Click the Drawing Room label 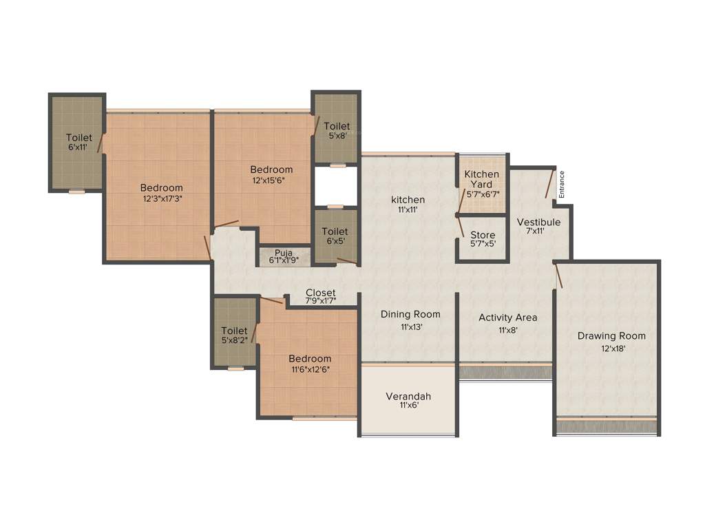611,335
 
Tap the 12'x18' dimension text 611,349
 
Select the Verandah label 408,396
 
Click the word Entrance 562,185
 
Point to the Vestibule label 538,222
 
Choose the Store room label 483,235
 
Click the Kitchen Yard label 482,179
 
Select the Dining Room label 410,314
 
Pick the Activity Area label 508,318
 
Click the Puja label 284,253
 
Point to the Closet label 321,293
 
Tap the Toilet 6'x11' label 78,138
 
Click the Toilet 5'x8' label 337,126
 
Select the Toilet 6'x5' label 335,232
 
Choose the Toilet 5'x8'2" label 235,331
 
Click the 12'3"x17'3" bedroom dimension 162,198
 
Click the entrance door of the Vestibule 549,184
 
